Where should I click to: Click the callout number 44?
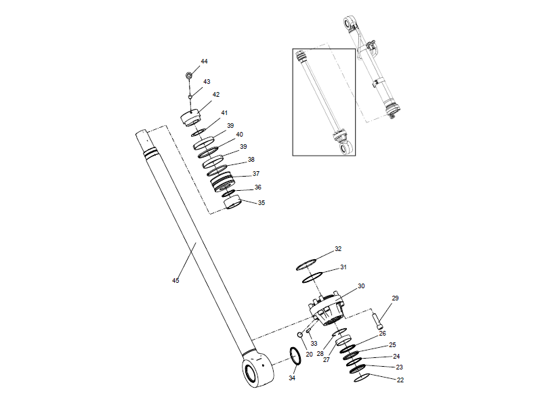[x=204, y=62]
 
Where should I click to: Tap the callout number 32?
[x=338, y=249]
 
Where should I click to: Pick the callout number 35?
[x=261, y=202]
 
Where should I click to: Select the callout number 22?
[x=400, y=380]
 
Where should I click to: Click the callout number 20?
[x=309, y=355]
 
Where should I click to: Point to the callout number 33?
[x=314, y=344]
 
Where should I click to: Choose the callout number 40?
[x=240, y=135]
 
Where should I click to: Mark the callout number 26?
[x=382, y=334]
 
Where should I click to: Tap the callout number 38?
[x=251, y=160]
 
